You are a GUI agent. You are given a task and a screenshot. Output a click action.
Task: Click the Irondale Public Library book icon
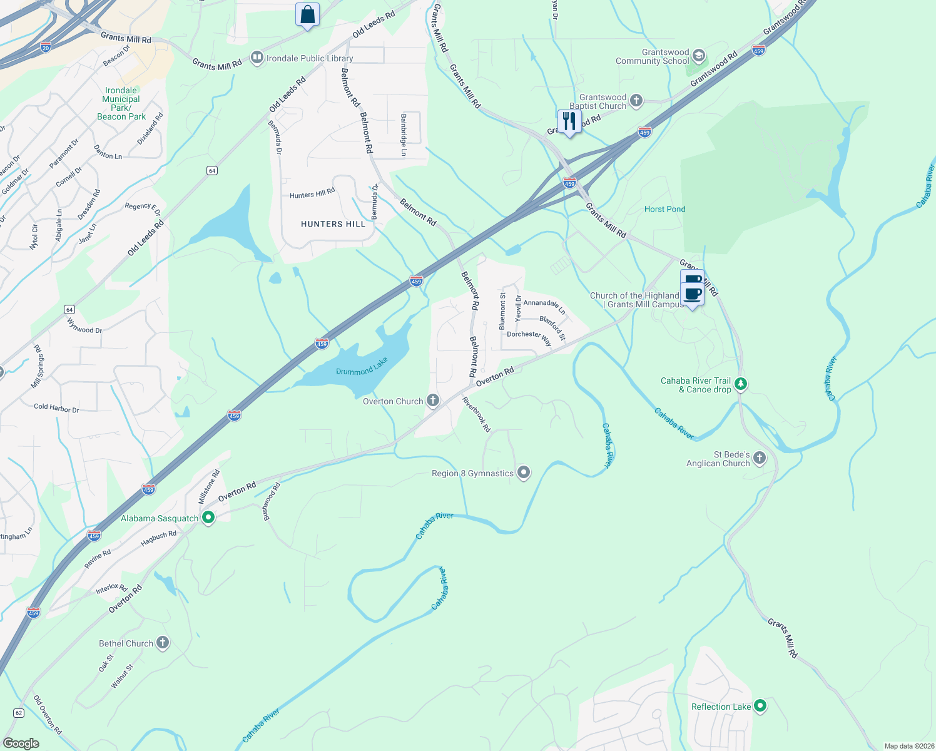click(257, 58)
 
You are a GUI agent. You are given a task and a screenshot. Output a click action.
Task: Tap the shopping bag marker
click(307, 14)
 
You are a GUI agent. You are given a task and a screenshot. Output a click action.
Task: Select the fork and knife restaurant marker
click(569, 121)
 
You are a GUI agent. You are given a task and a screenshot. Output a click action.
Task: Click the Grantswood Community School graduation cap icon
click(699, 56)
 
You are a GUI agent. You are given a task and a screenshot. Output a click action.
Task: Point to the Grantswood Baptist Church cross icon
click(636, 101)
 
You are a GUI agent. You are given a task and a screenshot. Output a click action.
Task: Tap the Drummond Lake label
click(362, 367)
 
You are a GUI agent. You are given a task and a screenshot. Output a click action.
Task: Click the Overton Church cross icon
click(433, 401)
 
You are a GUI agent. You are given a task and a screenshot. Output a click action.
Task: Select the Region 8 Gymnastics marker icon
click(524, 473)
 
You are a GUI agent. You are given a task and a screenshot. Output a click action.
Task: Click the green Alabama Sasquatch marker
click(208, 518)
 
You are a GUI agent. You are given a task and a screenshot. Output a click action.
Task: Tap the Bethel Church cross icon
click(163, 643)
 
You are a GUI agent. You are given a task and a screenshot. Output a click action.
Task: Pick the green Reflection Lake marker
click(760, 706)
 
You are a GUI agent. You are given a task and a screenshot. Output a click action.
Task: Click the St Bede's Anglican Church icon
click(760, 458)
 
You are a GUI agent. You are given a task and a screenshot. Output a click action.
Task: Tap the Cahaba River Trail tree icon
click(741, 384)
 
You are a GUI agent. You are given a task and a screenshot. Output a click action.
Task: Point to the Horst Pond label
click(664, 209)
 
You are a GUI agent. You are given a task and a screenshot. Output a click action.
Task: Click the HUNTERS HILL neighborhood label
click(333, 224)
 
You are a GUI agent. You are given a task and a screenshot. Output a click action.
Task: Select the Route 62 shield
click(18, 713)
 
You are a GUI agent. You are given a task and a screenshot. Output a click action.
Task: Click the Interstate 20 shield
click(45, 47)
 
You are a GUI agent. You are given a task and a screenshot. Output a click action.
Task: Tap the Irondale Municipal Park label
click(121, 103)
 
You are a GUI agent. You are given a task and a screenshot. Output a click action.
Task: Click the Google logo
click(21, 743)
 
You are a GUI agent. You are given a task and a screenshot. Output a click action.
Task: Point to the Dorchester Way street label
click(529, 337)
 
